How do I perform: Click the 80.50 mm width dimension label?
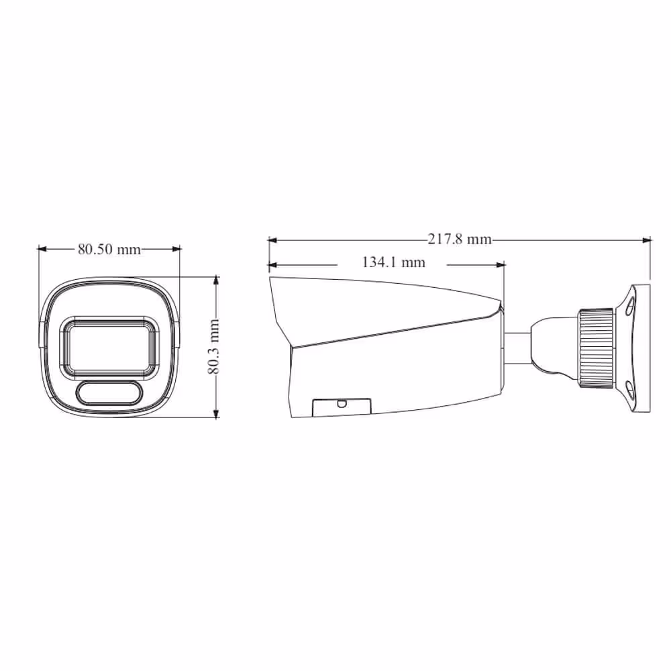(109, 249)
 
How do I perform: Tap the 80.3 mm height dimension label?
(213, 347)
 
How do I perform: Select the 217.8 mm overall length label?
(460, 239)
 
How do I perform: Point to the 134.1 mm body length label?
(394, 262)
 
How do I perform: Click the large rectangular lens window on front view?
(109, 347)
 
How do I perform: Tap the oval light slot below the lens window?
(109, 392)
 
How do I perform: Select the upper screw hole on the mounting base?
(629, 307)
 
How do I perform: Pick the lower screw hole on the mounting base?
(629, 391)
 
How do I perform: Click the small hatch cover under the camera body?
(342, 407)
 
